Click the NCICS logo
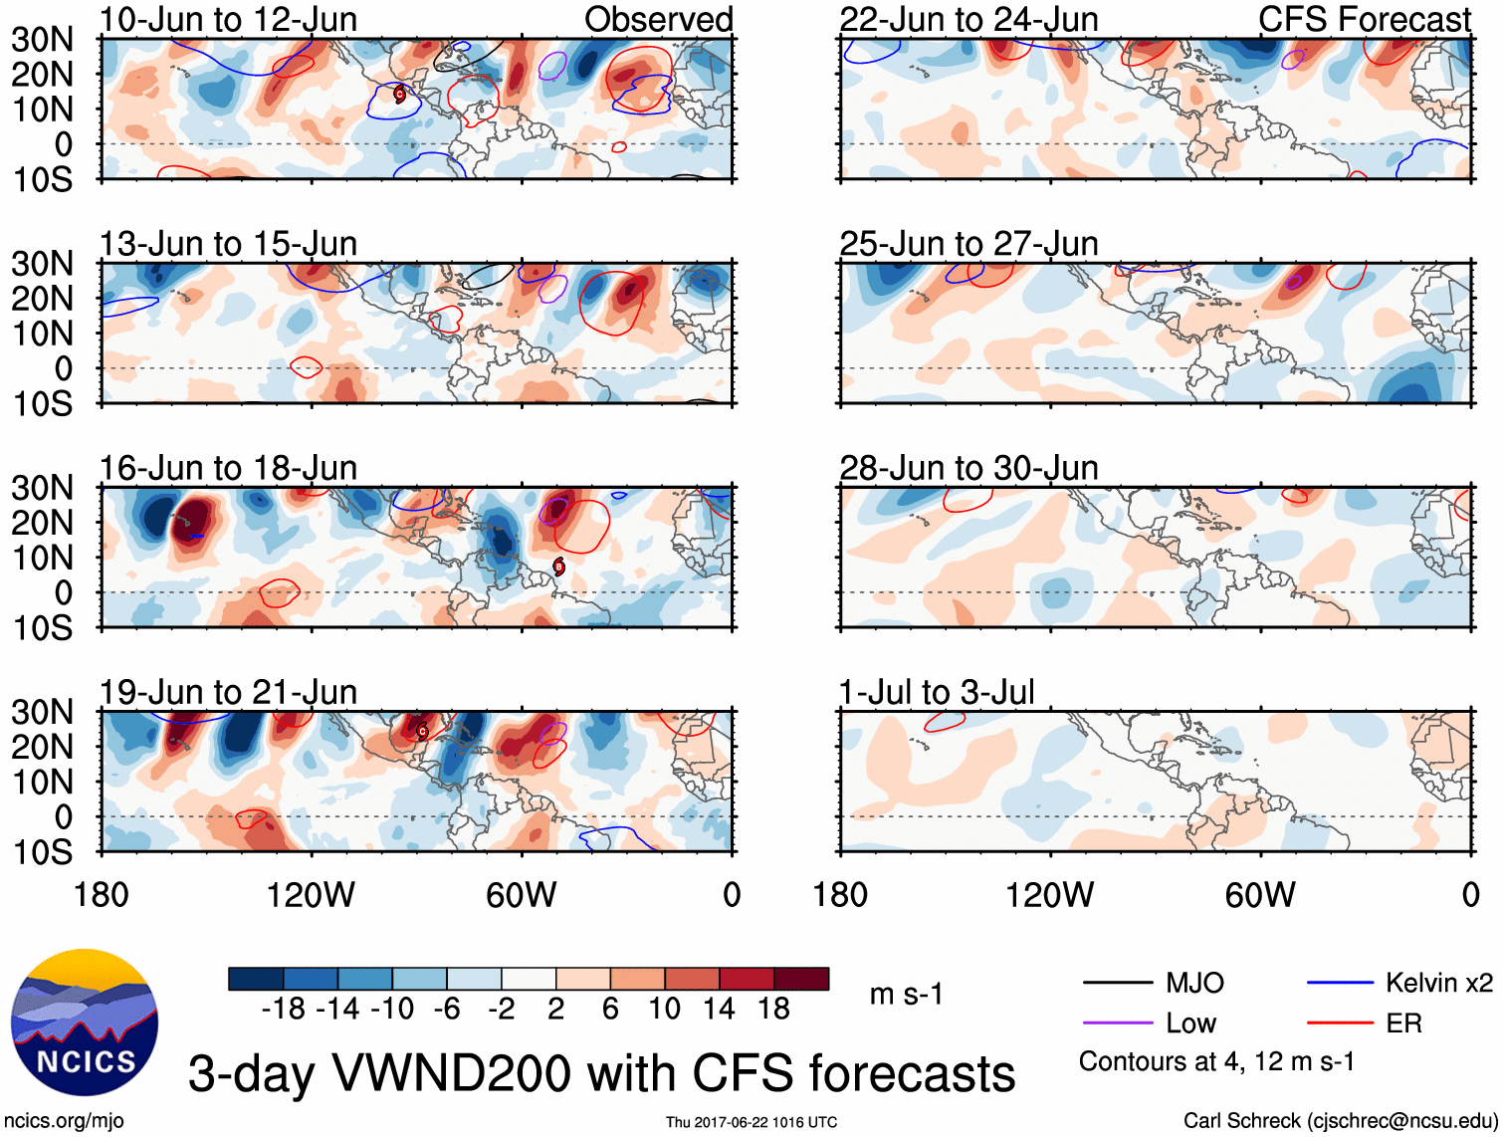click(84, 1023)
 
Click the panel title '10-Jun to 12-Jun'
click(228, 19)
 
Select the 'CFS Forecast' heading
click(1364, 19)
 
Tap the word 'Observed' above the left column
click(658, 19)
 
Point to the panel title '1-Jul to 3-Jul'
click(937, 692)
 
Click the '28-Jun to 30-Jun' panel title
click(968, 468)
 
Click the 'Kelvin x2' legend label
click(1438, 983)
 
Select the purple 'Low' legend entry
click(1190, 1023)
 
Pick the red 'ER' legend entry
click(1403, 1023)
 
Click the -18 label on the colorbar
click(284, 1009)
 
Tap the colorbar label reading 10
click(664, 1009)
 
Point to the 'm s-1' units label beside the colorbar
click(906, 994)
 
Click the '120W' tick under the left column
click(311, 894)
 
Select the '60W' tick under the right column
click(1260, 894)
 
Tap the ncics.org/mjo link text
click(64, 1120)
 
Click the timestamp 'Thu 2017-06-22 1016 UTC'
click(751, 1122)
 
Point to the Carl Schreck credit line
click(1340, 1120)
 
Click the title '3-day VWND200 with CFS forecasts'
click(601, 1073)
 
